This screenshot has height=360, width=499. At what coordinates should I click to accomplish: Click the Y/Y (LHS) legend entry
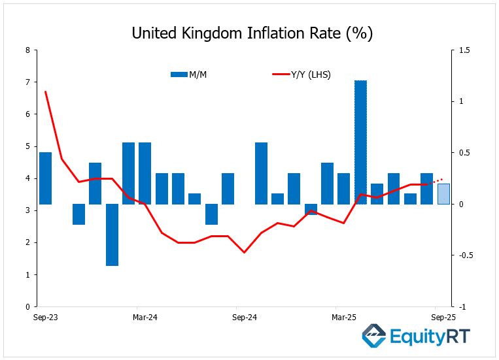tap(301, 74)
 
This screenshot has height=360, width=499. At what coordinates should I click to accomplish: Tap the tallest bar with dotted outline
tap(360, 142)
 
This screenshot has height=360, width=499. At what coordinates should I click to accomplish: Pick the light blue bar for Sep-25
tap(443, 194)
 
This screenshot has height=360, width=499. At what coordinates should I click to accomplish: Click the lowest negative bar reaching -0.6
tap(112, 235)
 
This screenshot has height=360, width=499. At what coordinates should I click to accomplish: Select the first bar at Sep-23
tap(45, 178)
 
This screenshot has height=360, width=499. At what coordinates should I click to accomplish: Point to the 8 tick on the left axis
tap(27, 50)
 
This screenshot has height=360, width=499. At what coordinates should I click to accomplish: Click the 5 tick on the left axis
tap(27, 146)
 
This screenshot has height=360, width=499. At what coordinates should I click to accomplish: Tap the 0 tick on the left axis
tap(27, 306)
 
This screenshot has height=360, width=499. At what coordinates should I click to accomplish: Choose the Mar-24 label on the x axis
tap(145, 318)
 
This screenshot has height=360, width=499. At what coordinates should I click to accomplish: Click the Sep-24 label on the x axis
tap(244, 318)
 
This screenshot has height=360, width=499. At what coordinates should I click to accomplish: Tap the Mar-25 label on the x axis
tap(343, 318)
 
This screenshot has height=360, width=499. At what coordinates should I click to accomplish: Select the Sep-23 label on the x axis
tap(45, 318)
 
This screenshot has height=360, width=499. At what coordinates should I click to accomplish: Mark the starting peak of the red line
tap(45, 92)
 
